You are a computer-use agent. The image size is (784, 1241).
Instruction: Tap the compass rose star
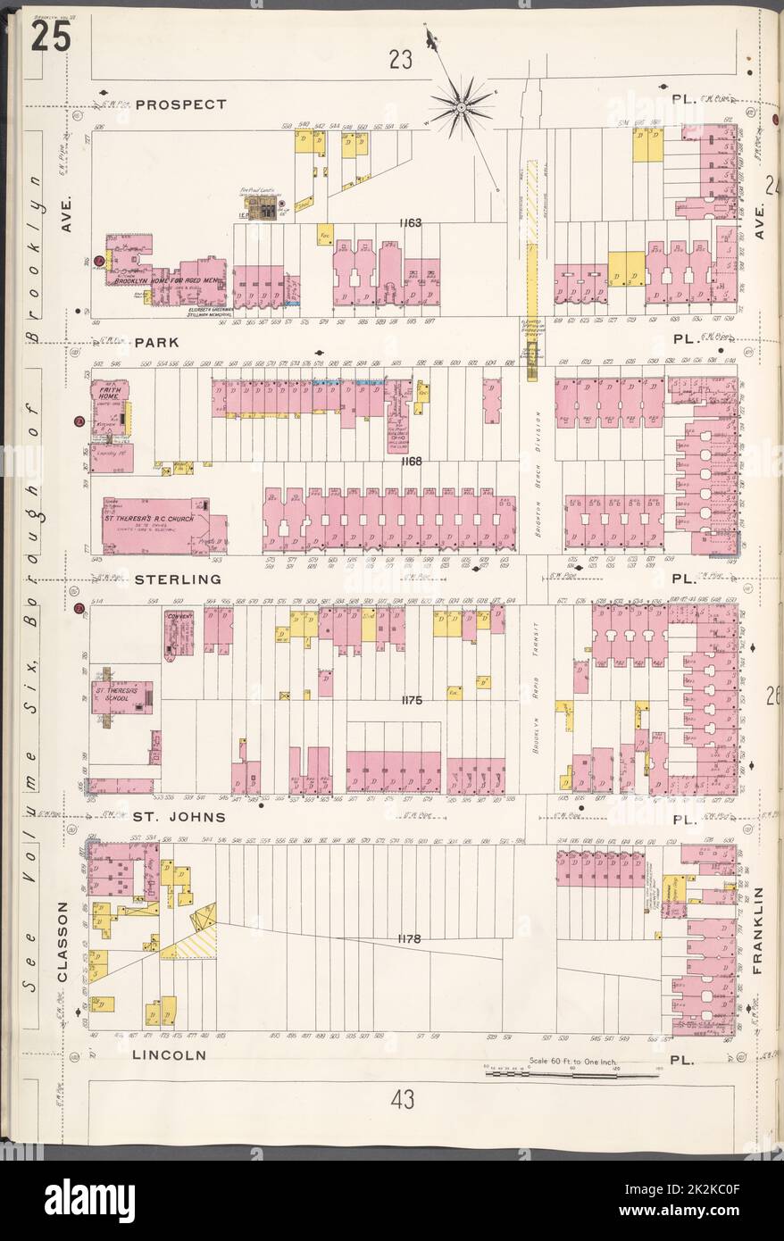click(462, 108)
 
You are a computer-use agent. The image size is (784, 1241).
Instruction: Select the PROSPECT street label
click(182, 104)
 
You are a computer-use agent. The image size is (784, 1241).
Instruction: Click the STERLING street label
click(177, 579)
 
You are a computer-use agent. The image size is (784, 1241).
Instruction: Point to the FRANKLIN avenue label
click(760, 929)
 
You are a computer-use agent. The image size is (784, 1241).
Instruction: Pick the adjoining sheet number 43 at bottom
click(402, 1101)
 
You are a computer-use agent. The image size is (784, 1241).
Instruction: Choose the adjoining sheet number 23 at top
click(400, 60)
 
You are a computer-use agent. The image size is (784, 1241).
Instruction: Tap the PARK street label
click(157, 342)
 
